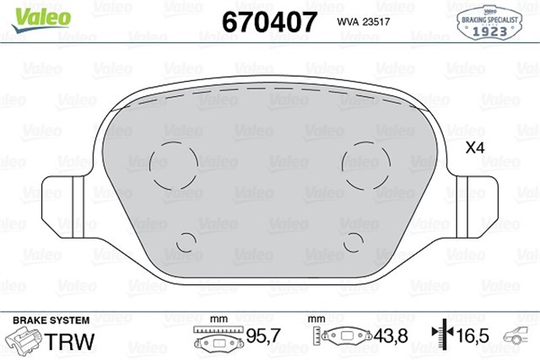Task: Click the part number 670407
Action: pos(268,20)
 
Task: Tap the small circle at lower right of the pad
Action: pos(354,241)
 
